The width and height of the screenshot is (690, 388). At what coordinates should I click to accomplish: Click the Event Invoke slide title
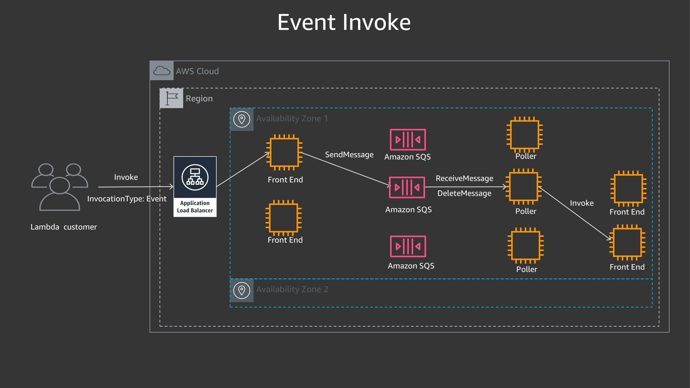pos(344,23)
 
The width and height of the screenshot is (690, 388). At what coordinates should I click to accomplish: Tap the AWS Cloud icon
pos(161,71)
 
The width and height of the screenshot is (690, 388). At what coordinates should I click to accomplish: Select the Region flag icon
pos(172,98)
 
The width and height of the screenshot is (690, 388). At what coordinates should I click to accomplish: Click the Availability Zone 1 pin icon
pos(242,119)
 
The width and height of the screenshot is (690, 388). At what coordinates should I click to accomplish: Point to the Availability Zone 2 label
pos(292,289)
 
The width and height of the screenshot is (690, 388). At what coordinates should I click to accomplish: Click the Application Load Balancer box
pos(195,187)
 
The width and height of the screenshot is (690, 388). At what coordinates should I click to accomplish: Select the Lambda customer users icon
pos(60,187)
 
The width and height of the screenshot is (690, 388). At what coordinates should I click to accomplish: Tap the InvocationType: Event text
pos(127,199)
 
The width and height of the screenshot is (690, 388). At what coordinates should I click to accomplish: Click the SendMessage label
pos(349,155)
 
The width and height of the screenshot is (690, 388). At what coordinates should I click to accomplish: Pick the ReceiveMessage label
pos(464,178)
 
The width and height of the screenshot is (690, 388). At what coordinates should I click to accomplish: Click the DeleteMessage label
pos(464,193)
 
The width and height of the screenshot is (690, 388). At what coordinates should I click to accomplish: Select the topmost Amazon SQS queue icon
pos(408,140)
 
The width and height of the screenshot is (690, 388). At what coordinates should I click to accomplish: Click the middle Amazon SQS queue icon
pos(407,188)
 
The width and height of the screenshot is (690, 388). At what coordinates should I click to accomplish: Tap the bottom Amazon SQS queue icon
pos(408,246)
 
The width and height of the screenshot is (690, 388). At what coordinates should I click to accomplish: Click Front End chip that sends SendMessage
pos(284,152)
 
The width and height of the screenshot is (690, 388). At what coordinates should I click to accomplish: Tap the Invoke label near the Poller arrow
pos(582,203)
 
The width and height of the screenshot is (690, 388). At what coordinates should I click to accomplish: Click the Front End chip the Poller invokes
pos(627,242)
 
